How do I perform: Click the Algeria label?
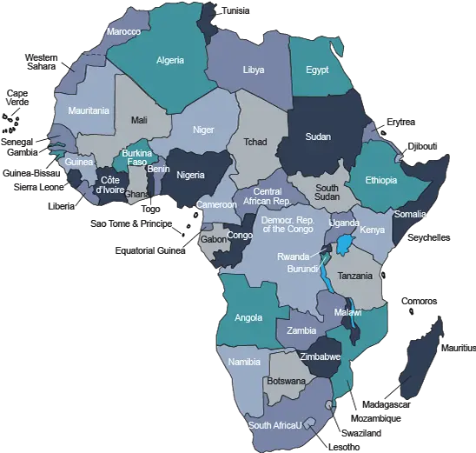pyautogui.click(x=170, y=61)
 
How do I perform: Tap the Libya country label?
pyautogui.click(x=254, y=70)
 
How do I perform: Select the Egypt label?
pyautogui.click(x=317, y=70)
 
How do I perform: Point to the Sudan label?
pyautogui.click(x=318, y=137)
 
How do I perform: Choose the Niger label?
pyautogui.click(x=203, y=130)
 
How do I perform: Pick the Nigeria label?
pyautogui.click(x=190, y=174)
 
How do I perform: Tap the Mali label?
pyautogui.click(x=139, y=120)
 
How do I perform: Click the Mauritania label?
pyautogui.click(x=89, y=111)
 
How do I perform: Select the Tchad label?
pyautogui.click(x=255, y=142)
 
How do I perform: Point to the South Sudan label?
pyautogui.click(x=327, y=192)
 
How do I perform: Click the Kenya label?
pyautogui.click(x=372, y=230)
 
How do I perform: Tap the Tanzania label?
pyautogui.click(x=354, y=276)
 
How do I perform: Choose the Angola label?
pyautogui.click(x=248, y=317)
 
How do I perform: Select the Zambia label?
pyautogui.click(x=301, y=331)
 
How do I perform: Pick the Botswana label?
pyautogui.click(x=287, y=381)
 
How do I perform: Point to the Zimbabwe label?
pyautogui.click(x=321, y=356)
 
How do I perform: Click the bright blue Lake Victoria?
pyautogui.click(x=346, y=243)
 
